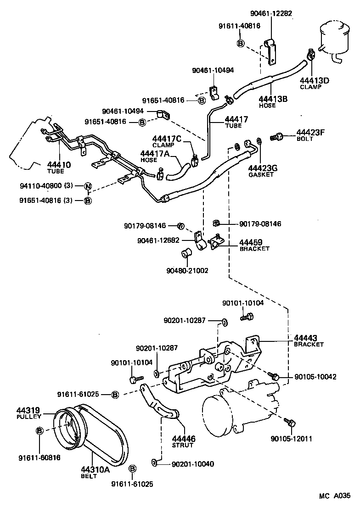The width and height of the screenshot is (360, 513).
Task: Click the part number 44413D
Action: (x=315, y=80)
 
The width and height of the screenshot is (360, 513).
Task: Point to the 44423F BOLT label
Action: (x=310, y=135)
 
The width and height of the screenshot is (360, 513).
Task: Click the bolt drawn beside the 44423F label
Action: (x=276, y=136)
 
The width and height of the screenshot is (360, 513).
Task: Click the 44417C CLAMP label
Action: (x=167, y=141)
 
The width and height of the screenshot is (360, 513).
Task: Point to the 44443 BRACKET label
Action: (x=309, y=340)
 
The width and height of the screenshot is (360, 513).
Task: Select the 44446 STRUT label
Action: (x=183, y=441)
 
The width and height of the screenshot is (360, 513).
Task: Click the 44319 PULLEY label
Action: (x=29, y=413)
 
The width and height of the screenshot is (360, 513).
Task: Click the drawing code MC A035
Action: (x=335, y=496)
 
